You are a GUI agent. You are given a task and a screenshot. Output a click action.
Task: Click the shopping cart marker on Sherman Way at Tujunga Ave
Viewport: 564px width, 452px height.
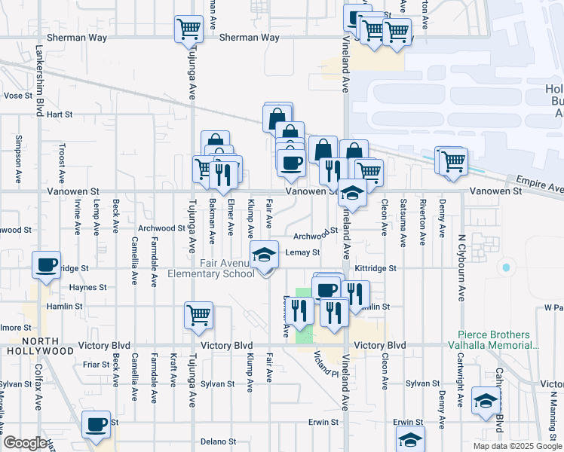click(x=189, y=29)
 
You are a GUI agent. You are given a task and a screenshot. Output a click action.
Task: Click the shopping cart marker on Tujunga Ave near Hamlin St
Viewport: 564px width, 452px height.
click(x=198, y=314)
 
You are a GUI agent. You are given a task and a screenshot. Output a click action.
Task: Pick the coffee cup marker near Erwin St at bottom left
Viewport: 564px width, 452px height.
click(x=97, y=424)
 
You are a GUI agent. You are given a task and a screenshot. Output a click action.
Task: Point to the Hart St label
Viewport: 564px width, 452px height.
click(x=59, y=115)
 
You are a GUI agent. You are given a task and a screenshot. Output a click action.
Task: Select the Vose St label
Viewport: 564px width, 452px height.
click(x=14, y=96)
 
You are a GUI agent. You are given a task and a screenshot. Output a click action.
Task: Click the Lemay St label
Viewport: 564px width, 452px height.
click(x=303, y=252)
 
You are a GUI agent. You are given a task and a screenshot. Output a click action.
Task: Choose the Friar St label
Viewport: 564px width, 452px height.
click(x=97, y=364)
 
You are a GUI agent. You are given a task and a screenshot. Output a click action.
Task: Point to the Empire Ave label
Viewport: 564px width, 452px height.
click(x=539, y=185)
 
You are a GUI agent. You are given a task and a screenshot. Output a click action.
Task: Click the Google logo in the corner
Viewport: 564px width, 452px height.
click(x=25, y=443)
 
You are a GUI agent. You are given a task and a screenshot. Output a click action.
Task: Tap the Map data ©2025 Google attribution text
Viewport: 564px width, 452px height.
click(x=516, y=446)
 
